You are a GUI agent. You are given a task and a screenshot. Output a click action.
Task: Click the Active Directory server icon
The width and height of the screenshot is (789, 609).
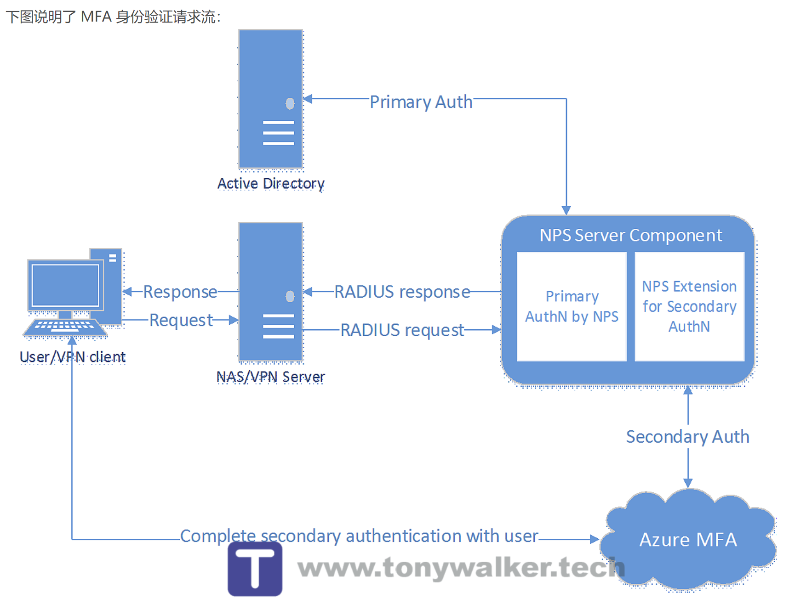point(270,99)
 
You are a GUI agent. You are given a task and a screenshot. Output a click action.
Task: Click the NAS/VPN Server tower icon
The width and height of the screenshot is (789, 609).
point(270,292)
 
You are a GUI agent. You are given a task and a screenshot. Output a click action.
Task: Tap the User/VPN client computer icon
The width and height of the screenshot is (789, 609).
point(74,294)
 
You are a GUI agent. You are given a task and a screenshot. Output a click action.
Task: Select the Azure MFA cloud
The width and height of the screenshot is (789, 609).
point(688,540)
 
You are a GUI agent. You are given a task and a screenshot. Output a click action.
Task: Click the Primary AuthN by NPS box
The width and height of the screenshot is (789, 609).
point(572,306)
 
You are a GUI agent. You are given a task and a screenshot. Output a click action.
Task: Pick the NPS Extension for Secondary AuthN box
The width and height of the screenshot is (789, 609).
point(689,306)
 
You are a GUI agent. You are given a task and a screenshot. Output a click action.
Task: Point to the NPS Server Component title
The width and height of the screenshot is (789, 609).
point(630,236)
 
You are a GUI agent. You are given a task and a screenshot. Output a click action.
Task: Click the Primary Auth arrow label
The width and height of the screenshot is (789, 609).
point(421,102)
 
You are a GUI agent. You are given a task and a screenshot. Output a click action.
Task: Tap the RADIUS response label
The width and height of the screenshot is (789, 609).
point(402,292)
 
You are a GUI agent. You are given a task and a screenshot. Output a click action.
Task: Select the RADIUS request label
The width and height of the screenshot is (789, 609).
point(402,330)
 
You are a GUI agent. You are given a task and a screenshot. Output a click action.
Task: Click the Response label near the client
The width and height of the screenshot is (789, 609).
point(180,292)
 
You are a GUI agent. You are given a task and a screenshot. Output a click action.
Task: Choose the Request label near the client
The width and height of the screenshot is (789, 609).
point(181,320)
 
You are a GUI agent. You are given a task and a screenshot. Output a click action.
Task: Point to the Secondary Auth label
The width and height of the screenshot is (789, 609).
point(687,437)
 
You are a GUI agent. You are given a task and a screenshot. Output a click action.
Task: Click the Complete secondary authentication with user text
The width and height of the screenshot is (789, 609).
point(359,536)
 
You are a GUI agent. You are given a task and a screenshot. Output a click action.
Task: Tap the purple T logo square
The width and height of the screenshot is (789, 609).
point(255,569)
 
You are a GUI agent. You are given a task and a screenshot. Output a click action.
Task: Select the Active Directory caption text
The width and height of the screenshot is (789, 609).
point(271,184)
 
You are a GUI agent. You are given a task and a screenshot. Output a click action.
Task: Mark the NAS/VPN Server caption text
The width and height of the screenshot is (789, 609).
point(270,377)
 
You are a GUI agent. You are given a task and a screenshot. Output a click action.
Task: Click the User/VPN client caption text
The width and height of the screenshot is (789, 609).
point(73,357)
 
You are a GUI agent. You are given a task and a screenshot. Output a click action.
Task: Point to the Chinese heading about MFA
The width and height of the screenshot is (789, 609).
point(113,17)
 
